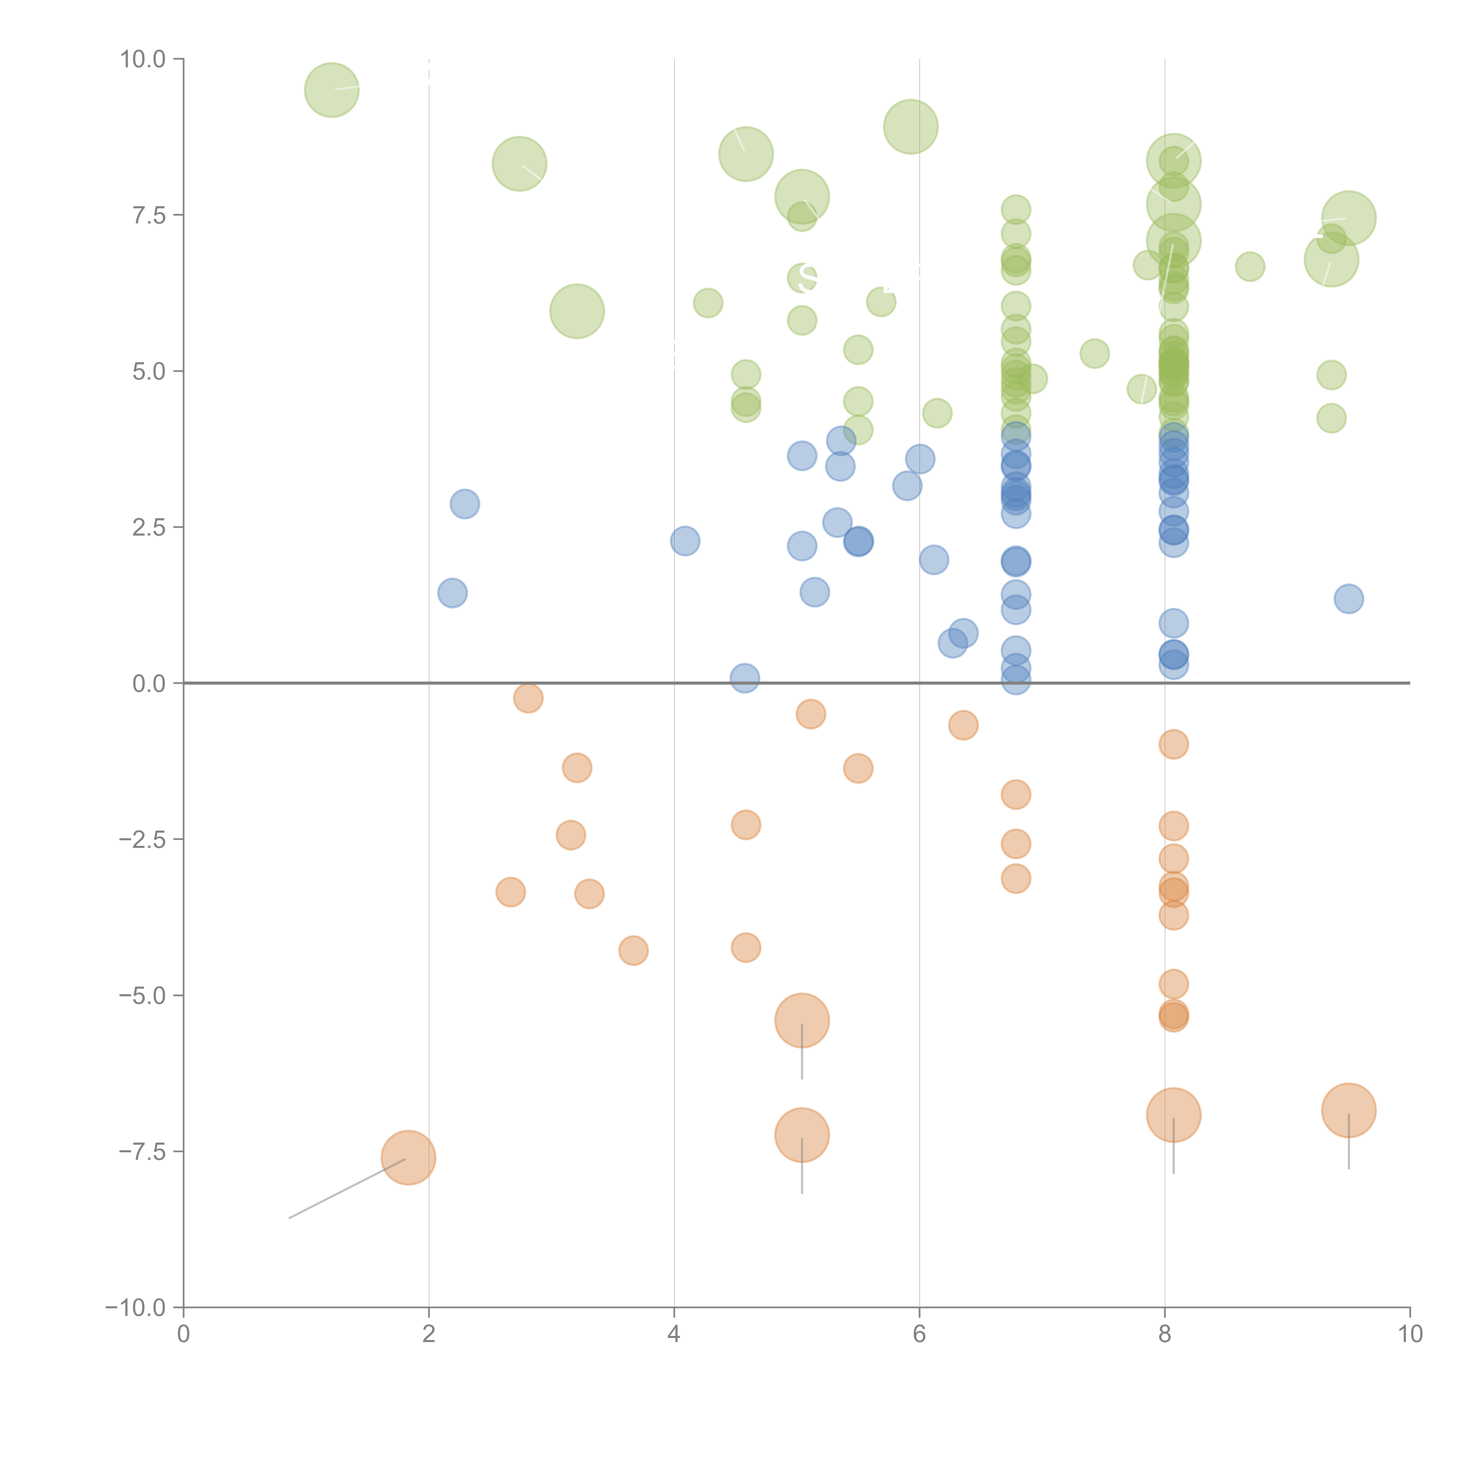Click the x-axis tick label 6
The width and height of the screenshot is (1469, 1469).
click(919, 1334)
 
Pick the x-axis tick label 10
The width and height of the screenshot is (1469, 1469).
click(1410, 1334)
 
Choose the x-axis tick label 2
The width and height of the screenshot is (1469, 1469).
click(429, 1334)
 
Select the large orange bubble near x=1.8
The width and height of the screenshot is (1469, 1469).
click(408, 1158)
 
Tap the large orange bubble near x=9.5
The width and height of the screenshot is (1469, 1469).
click(1349, 1110)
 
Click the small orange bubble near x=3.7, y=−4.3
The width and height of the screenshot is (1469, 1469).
click(633, 950)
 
